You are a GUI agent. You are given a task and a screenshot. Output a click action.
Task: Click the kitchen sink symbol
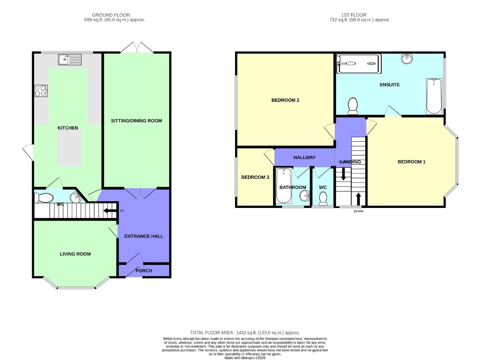pyautogui.click(x=70, y=60)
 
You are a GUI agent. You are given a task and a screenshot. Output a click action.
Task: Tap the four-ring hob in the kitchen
pyautogui.click(x=41, y=91)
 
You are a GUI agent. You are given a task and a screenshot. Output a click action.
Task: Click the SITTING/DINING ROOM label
pyautogui.click(x=136, y=121)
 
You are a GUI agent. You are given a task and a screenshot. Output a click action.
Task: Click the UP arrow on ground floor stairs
pyautogui.click(x=110, y=210)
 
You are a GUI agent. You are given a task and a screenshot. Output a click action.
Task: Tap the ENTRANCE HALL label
pyautogui.click(x=144, y=236)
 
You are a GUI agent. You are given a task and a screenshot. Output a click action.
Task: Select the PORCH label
pyautogui.click(x=144, y=271)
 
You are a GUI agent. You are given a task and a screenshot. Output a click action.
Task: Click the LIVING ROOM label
pyautogui.click(x=75, y=254)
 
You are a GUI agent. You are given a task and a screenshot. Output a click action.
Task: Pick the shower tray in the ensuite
pyautogui.click(x=358, y=64)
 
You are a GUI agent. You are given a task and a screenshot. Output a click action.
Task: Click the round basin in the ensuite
pyautogui.click(x=407, y=59)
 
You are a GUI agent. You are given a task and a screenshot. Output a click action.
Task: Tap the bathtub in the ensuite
pyautogui.click(x=434, y=96)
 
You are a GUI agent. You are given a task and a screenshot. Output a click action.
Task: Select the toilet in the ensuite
pyautogui.click(x=353, y=106)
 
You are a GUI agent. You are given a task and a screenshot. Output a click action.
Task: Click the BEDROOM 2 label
pyautogui.click(x=285, y=100)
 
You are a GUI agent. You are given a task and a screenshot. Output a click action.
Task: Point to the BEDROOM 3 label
pyautogui.click(x=255, y=177)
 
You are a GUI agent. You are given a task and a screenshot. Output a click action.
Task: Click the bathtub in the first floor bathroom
pyautogui.click(x=284, y=186)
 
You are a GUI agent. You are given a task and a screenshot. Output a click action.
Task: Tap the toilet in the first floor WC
pyautogui.click(x=323, y=198)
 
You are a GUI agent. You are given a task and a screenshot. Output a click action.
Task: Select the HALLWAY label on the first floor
pyautogui.click(x=304, y=157)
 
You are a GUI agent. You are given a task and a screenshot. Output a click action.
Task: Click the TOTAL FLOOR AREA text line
pyautogui.click(x=245, y=333)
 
